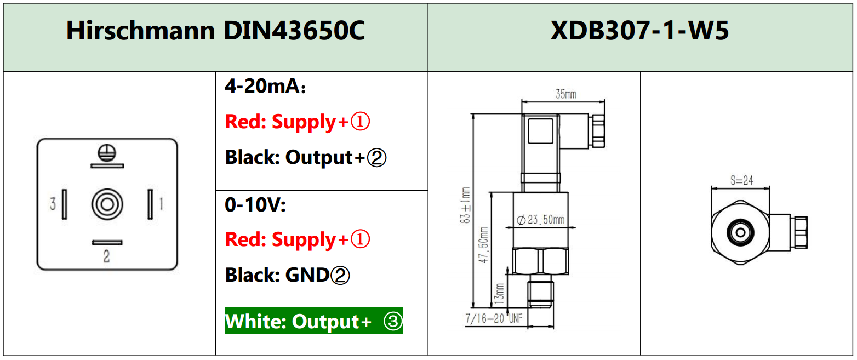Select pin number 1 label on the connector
tap(161, 204)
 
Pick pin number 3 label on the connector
tap(53, 204)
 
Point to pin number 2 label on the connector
tap(107, 256)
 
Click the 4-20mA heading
tap(265, 86)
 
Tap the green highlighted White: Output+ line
tap(314, 321)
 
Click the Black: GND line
tap(287, 275)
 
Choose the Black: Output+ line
tap(306, 158)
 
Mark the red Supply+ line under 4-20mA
tap(298, 122)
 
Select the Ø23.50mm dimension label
tap(541, 220)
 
